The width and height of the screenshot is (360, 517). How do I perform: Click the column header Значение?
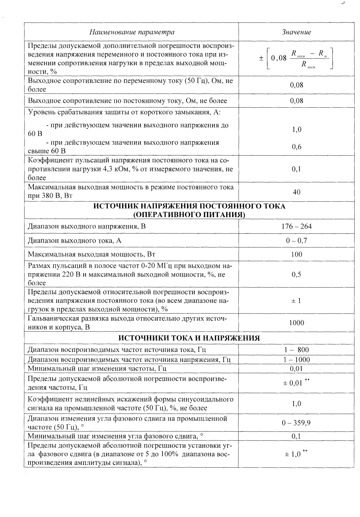[296, 32]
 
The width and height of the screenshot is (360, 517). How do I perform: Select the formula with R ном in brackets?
[296, 58]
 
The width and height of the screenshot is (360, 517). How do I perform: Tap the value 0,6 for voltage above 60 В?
[296, 147]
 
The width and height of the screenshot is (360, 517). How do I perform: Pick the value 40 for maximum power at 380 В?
[296, 192]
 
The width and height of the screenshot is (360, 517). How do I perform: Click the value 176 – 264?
[296, 226]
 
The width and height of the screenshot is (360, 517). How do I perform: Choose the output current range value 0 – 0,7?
[296, 241]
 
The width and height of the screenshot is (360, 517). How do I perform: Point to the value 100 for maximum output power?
[296, 255]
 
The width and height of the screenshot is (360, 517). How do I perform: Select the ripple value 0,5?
[296, 274]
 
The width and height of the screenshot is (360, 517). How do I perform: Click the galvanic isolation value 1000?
[296, 323]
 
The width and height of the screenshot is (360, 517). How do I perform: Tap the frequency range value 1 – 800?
[296, 350]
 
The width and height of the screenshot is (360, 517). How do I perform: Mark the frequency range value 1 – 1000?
[296, 360]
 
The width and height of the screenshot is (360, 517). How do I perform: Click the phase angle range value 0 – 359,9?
[296, 423]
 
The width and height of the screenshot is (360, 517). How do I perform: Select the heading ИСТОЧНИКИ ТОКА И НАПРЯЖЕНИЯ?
[189, 338]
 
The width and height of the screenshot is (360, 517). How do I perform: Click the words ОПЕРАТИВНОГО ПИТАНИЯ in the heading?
[189, 215]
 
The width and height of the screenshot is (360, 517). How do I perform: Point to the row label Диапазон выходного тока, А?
[75, 241]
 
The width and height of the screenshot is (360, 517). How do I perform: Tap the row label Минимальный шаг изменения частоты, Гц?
[97, 369]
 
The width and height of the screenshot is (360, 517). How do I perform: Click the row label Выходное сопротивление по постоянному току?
[127, 101]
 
